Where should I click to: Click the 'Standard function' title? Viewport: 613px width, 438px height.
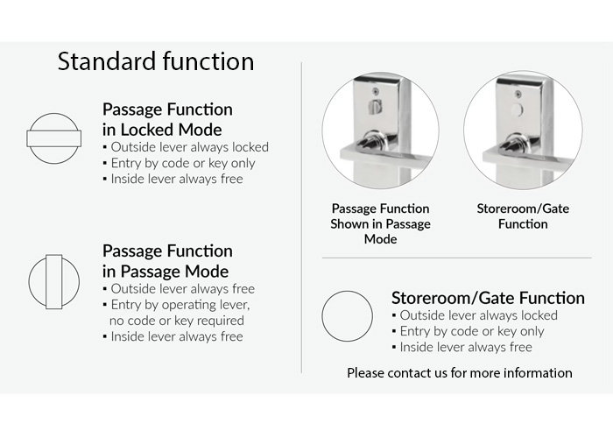pos(156,61)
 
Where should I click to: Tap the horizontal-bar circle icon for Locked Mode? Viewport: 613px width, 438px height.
pos(54,138)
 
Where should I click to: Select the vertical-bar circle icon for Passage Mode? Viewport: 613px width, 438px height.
pos(54,282)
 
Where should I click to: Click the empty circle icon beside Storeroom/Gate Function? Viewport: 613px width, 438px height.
pos(347,316)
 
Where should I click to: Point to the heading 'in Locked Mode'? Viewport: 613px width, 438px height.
pos(162,130)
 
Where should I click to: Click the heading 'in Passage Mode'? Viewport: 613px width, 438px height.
pos(166,272)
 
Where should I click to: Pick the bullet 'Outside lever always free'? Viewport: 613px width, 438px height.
pos(179,289)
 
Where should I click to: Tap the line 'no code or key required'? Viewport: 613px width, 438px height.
pos(177,321)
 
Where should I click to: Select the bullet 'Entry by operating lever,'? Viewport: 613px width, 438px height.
pos(177,305)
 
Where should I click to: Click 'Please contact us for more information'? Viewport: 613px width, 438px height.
pos(460,372)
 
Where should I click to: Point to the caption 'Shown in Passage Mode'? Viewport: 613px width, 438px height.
pos(380,231)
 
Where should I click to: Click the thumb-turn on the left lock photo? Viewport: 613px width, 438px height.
pos(375,105)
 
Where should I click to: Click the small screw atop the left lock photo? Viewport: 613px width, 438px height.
pos(376,91)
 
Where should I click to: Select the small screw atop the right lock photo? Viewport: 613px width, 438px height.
pos(518,94)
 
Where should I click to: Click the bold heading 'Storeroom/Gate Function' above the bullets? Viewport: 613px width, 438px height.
pos(488,298)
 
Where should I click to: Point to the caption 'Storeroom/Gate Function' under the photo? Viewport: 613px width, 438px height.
pos(523,216)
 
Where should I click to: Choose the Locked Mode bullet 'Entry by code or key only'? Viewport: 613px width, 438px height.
pos(179,163)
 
